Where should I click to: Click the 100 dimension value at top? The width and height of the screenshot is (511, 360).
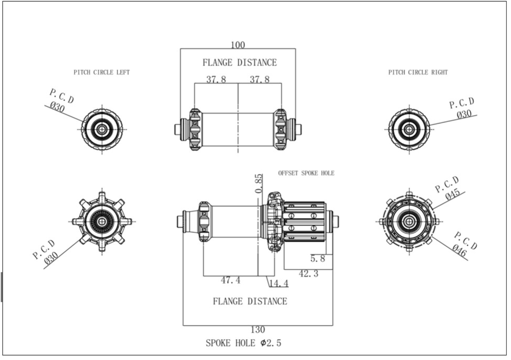(x=238, y=45)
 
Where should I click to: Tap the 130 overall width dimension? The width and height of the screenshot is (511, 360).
(x=258, y=330)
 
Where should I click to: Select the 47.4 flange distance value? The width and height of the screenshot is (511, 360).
(x=231, y=280)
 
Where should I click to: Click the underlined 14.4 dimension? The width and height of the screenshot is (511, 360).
(x=279, y=283)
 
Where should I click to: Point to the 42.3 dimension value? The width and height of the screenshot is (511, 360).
(x=309, y=273)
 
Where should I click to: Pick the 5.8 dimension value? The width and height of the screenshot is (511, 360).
(x=318, y=259)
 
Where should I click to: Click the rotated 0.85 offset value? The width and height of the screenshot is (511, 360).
(x=259, y=183)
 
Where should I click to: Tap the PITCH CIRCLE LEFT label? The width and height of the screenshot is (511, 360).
(x=102, y=72)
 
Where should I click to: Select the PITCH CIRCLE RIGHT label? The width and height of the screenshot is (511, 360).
(x=418, y=72)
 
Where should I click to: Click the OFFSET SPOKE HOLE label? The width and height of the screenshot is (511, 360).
(x=306, y=173)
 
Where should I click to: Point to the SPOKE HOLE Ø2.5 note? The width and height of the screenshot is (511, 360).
(x=243, y=343)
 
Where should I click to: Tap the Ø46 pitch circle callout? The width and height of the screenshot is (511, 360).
(x=460, y=250)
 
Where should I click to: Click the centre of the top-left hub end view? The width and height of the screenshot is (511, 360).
(x=102, y=129)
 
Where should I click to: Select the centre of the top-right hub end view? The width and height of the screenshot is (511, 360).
(x=409, y=129)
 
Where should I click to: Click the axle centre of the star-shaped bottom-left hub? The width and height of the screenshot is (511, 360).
(x=102, y=221)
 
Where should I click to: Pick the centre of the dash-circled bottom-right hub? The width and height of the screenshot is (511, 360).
(x=409, y=221)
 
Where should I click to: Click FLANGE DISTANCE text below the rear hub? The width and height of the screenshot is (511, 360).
(x=250, y=301)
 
